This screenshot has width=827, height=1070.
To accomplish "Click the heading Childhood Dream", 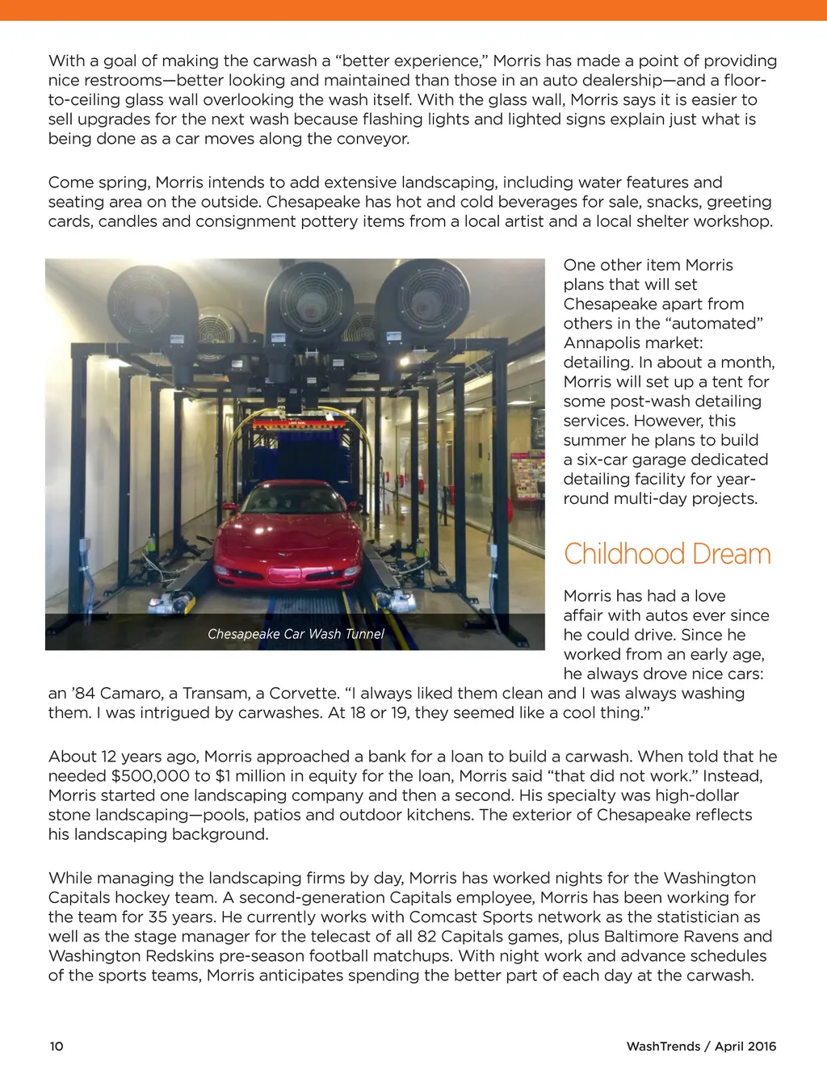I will click(667, 554).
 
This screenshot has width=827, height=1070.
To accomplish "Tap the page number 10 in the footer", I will click(57, 1046).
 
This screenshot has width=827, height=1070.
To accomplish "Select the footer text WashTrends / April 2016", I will click(701, 1046).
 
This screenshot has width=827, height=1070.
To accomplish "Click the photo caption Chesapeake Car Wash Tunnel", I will click(296, 634).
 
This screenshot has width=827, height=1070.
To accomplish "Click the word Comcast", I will click(443, 917).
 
